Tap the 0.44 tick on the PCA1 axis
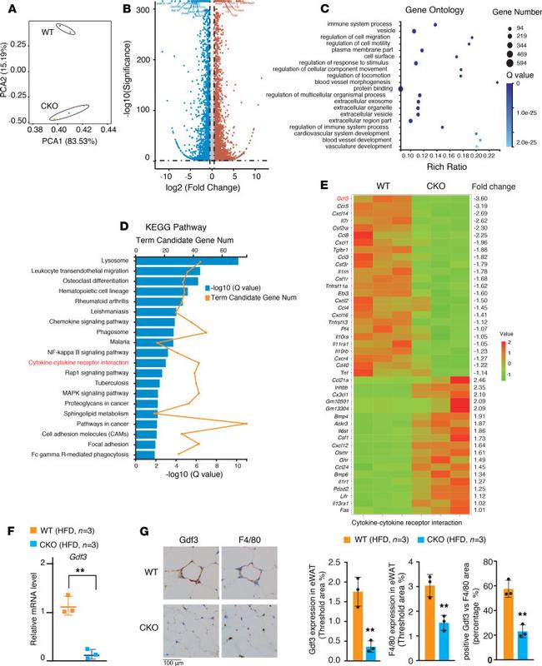coord(108,130)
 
